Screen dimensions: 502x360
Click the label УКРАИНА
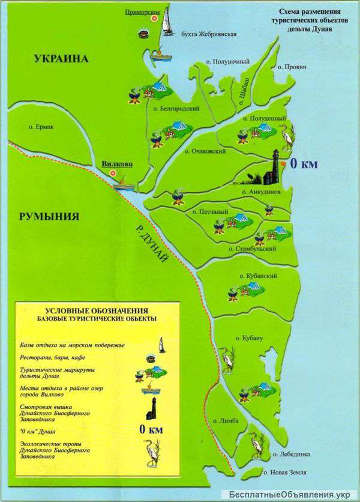61,59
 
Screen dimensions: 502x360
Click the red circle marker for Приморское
154,19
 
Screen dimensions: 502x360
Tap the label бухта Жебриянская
208,34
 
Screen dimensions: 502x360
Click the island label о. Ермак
41,127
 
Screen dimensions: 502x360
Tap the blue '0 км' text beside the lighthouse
304,163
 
